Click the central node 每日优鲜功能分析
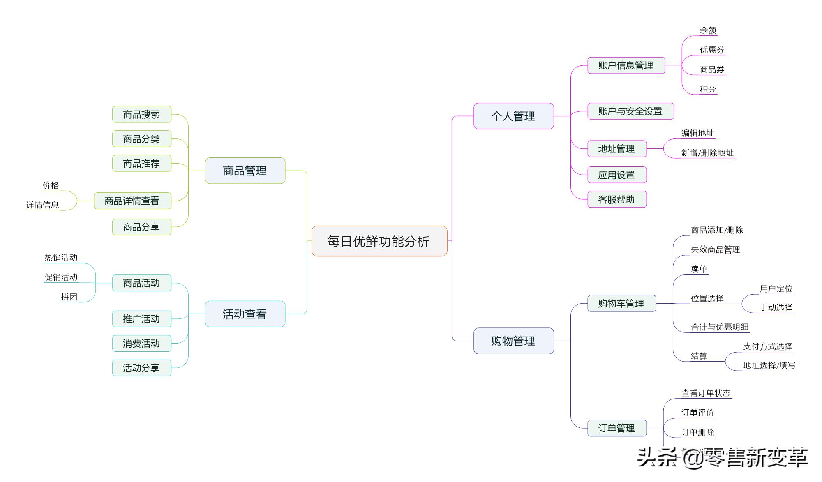(379, 241)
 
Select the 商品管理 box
(245, 171)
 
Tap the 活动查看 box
(245, 314)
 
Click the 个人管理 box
(513, 116)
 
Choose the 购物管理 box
(513, 341)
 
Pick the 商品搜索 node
(141, 114)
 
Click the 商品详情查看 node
(132, 201)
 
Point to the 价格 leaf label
(51, 185)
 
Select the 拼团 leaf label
(69, 297)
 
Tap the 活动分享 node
(141, 368)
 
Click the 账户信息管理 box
(626, 65)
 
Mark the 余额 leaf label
(708, 30)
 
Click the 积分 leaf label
(708, 89)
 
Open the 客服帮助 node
(616, 199)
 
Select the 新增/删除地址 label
(707, 153)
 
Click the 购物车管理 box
(621, 303)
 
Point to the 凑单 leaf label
(699, 269)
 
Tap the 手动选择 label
(776, 307)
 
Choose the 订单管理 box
(616, 428)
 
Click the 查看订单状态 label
(706, 393)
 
